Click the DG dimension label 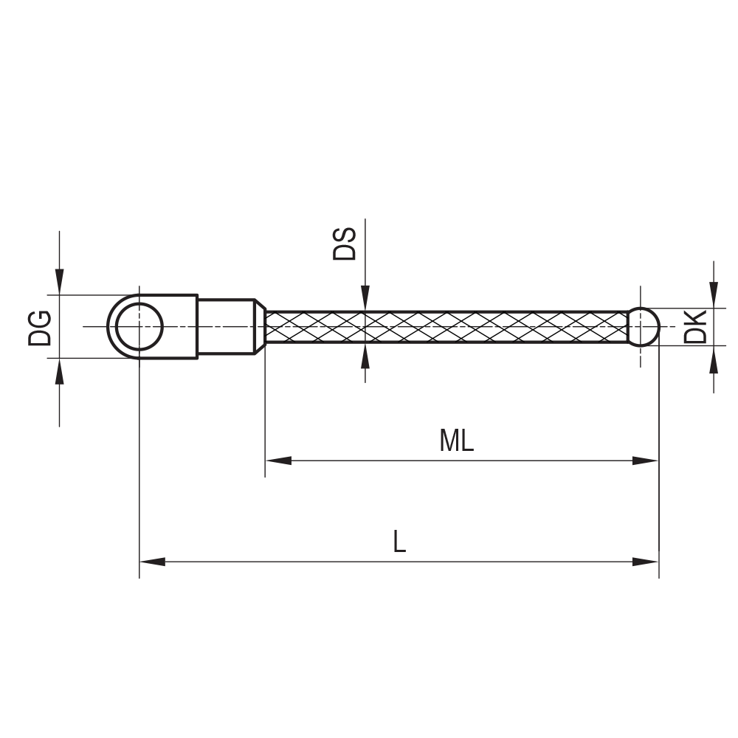coord(40,328)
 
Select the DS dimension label coord(345,244)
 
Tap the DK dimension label coord(695,326)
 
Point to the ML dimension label coord(456,441)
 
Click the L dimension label coord(399,542)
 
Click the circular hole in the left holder coord(139,327)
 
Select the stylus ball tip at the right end coord(643,326)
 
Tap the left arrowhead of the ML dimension coord(277,461)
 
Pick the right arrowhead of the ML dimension coord(645,461)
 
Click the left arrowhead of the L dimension coord(152,562)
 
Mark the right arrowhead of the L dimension coord(645,562)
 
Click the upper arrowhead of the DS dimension coord(365,299)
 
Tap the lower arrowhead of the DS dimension coord(365,356)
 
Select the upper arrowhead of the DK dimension coord(713,296)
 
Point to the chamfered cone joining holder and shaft coord(260,326)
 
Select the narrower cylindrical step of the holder coord(226,326)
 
